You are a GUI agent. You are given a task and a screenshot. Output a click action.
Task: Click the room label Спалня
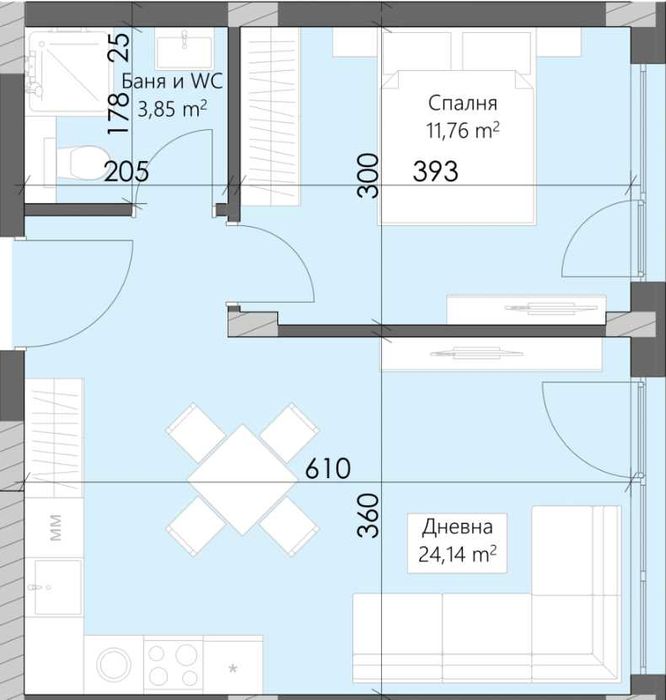click(x=462, y=104)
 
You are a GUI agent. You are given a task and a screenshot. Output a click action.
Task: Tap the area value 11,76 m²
click(x=462, y=131)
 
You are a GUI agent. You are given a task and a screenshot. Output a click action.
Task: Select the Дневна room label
click(x=458, y=527)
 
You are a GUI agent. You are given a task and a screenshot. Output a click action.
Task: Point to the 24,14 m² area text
click(x=458, y=554)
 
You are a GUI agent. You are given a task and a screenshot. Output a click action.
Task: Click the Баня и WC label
click(x=172, y=82)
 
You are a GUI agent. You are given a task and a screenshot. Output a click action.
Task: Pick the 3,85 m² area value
click(x=172, y=109)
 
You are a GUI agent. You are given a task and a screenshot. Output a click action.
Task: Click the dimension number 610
click(x=328, y=469)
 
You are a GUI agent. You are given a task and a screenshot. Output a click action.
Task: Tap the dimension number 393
click(x=436, y=172)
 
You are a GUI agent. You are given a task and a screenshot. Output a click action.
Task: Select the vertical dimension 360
click(x=369, y=515)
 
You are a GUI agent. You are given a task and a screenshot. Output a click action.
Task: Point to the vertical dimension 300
click(x=368, y=175)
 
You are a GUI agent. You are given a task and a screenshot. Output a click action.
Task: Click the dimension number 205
click(x=126, y=172)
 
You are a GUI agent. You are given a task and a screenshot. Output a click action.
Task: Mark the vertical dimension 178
click(x=119, y=114)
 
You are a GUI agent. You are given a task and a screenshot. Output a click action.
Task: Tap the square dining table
click(x=242, y=480)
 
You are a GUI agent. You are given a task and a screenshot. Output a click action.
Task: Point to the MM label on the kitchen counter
click(x=55, y=528)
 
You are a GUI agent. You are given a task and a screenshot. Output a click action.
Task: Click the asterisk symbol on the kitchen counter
click(x=233, y=669)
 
